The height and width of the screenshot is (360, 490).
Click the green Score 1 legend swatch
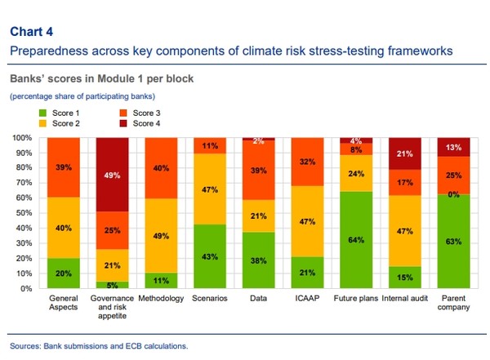point(42,111)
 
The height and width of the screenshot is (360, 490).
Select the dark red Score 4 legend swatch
point(122,122)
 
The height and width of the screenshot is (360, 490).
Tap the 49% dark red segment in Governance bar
point(114,174)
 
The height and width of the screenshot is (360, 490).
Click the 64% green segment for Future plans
point(356,240)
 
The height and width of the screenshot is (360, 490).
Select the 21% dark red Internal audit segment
point(404,153)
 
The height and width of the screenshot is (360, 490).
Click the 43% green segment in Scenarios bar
point(211,256)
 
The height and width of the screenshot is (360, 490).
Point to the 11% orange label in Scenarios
point(211,146)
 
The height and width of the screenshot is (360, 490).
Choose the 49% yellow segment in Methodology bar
point(162,235)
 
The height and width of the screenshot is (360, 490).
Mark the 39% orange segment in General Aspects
point(65,167)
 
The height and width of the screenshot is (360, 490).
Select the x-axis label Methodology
point(162,299)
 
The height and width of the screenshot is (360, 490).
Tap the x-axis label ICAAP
point(307,299)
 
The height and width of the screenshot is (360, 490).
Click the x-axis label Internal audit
point(404,299)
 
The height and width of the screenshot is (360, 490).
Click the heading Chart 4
point(31,32)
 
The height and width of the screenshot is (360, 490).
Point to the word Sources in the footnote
point(26,346)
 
